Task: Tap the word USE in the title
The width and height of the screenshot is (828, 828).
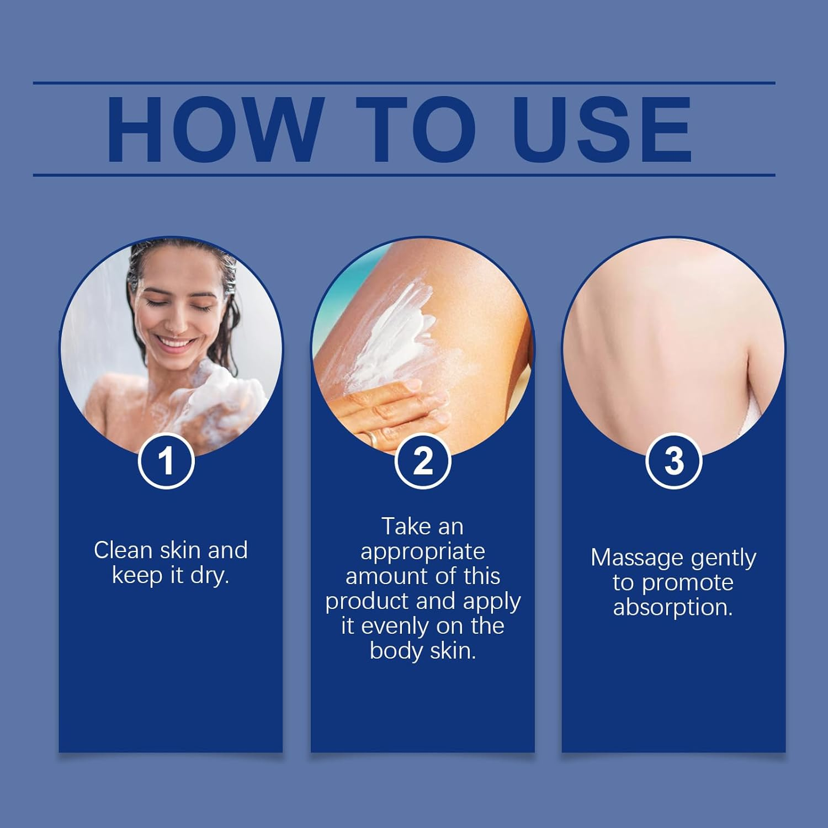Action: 602,130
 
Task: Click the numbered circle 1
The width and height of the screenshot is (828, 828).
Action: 166,461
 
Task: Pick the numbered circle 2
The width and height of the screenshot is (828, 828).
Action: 423,461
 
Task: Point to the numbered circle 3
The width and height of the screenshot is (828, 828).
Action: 673,461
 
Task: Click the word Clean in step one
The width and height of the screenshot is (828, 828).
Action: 123,550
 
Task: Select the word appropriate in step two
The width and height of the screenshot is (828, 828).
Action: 423,551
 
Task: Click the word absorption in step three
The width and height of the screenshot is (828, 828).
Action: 673,607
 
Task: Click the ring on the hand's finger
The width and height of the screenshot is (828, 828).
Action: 373,439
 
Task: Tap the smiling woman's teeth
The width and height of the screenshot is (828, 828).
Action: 176,343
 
